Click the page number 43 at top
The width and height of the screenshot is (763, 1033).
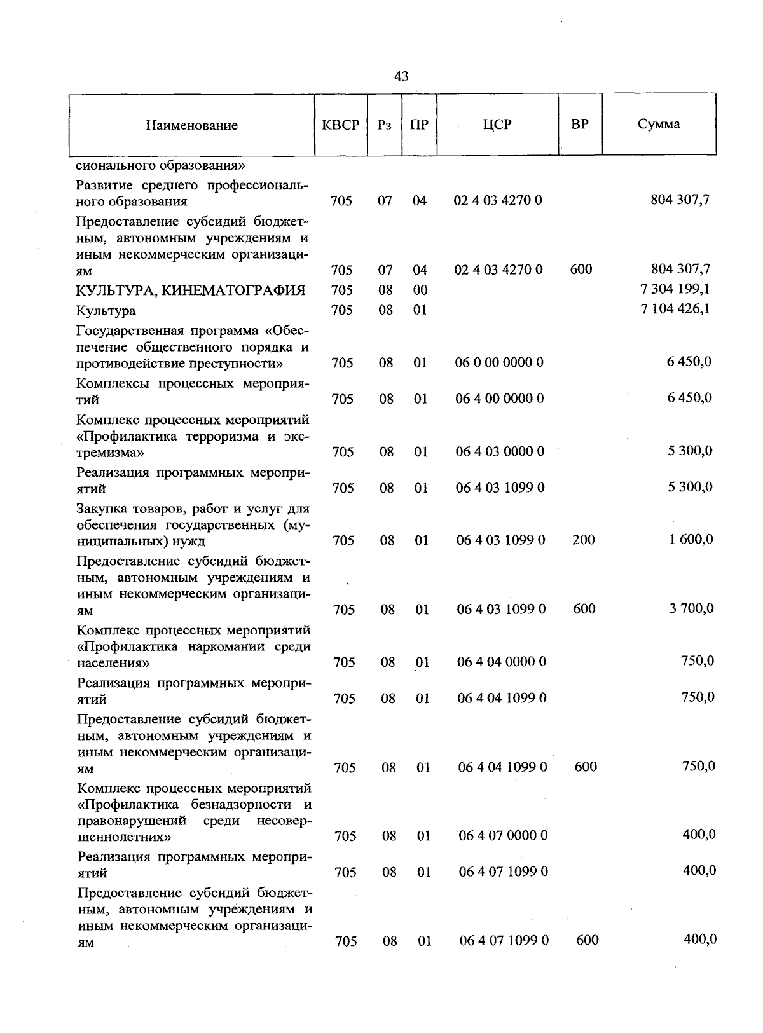pos(401,77)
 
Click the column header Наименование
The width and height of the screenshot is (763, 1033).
pos(191,125)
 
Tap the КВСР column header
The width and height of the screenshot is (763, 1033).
pos(341,125)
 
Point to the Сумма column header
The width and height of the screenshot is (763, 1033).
pos(659,124)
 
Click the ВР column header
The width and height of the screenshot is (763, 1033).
pos(579,124)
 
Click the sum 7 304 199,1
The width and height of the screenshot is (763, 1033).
pos(675,289)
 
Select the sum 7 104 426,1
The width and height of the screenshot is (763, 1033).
pos(675,310)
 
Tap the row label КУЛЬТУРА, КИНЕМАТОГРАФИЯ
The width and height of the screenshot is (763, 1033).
pos(191,291)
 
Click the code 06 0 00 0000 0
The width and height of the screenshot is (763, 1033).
pos(499,362)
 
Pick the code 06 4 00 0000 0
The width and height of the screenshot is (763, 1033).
pos(500,399)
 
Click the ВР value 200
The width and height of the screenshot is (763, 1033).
pos(583,540)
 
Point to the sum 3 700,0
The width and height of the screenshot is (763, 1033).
pos(691,608)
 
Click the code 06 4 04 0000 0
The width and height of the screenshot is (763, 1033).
pos(501,662)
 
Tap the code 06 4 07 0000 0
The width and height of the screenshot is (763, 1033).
pos(503,835)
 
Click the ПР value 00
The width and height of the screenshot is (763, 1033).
pos(420,291)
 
